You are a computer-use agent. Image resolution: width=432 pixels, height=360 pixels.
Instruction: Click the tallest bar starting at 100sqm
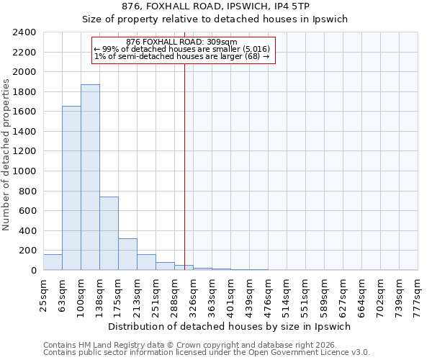(x=90, y=177)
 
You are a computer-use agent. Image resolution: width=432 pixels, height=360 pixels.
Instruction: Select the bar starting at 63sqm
(x=71, y=188)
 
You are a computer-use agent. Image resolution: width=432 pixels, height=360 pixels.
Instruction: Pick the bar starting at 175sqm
(x=127, y=254)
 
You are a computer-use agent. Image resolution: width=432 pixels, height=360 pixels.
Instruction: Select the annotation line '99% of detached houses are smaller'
(x=181, y=49)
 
